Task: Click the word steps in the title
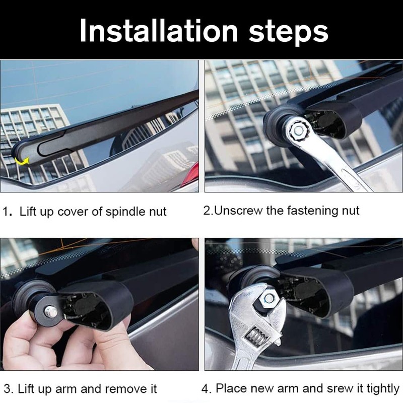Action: pos(289,31)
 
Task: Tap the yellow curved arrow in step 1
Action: pos(22,160)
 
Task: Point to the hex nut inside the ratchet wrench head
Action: pos(299,130)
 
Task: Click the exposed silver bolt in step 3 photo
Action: pos(51,312)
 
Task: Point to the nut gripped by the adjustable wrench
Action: pos(268,298)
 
